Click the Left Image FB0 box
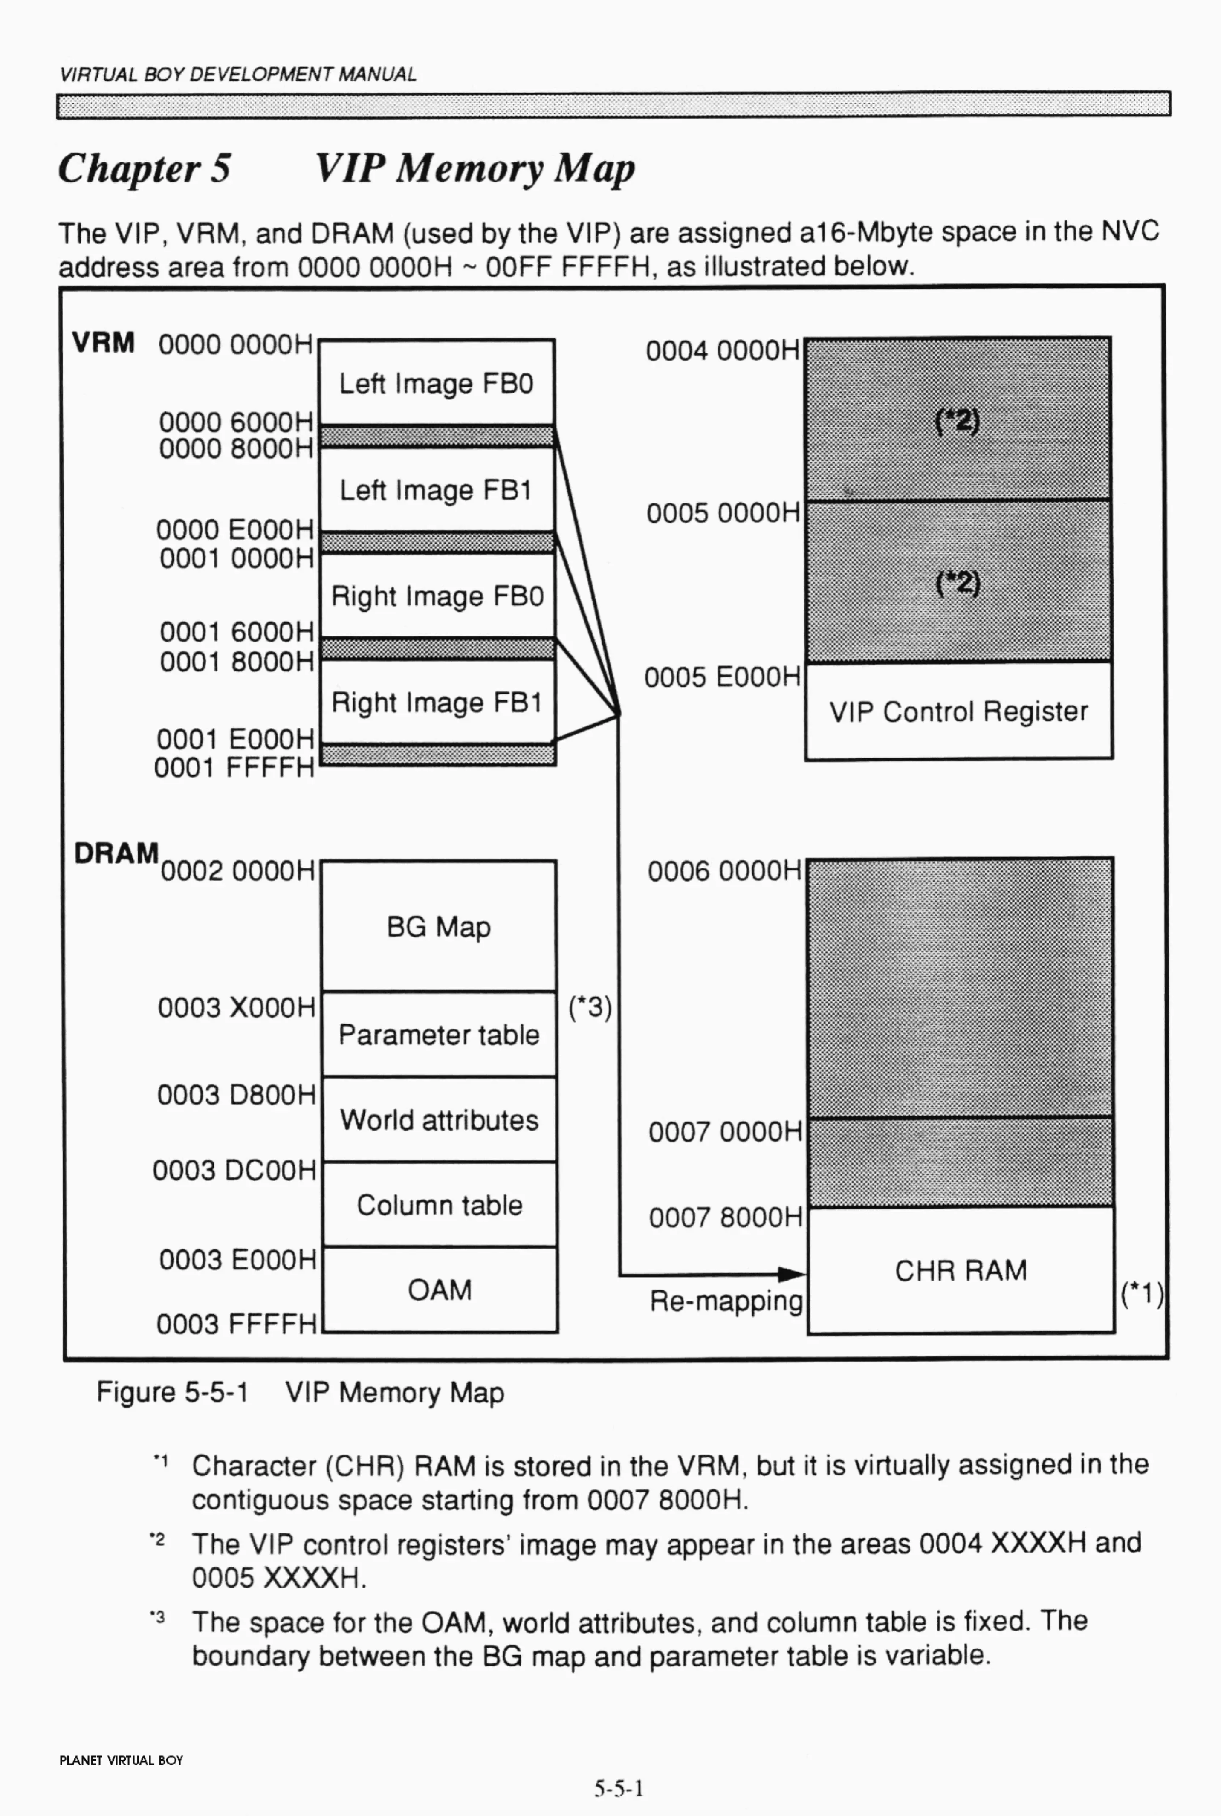437,383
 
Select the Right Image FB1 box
437,702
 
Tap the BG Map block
438,926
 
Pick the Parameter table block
438,1035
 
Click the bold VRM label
103,342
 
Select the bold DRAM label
116,853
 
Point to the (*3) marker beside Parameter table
590,1007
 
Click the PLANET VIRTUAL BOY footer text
121,1761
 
